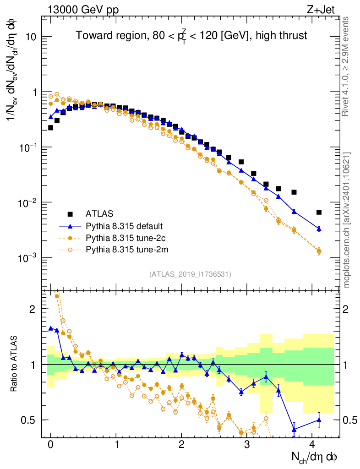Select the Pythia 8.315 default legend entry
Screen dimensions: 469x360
(x=124, y=226)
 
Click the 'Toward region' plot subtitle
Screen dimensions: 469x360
(x=191, y=36)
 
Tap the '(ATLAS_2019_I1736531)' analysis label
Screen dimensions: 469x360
(x=190, y=274)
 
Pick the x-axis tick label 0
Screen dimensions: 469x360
(x=50, y=444)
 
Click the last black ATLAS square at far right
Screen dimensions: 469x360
(x=319, y=212)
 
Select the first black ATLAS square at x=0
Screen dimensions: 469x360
(x=50, y=128)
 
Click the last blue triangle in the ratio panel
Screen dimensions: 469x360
(x=319, y=420)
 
